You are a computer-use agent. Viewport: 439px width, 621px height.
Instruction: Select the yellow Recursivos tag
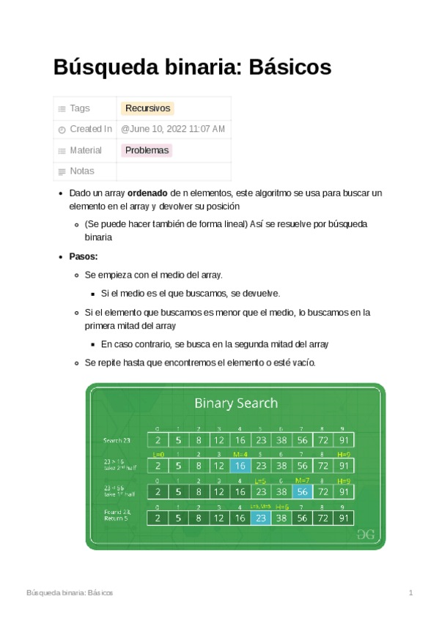pyautogui.click(x=147, y=108)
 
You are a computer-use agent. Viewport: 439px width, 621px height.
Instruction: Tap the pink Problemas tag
pyautogui.click(x=147, y=150)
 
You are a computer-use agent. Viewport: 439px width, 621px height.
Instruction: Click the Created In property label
pyautogui.click(x=90, y=129)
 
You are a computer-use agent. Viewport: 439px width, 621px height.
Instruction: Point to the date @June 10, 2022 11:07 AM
pyautogui.click(x=173, y=129)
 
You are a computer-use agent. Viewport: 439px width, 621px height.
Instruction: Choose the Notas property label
pyautogui.click(x=81, y=171)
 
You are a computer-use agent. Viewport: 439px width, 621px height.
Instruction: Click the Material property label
pyautogui.click(x=85, y=150)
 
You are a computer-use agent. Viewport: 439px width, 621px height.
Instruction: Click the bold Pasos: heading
pyautogui.click(x=84, y=256)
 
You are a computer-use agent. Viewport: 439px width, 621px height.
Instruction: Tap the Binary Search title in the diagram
pyautogui.click(x=235, y=403)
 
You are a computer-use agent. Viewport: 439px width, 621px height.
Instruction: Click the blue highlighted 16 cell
pyautogui.click(x=240, y=466)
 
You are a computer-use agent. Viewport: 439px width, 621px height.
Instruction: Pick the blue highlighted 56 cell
pyautogui.click(x=302, y=491)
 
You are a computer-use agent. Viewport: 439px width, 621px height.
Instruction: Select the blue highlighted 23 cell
pyautogui.click(x=260, y=517)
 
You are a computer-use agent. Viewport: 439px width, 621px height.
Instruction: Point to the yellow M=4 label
pyautogui.click(x=240, y=455)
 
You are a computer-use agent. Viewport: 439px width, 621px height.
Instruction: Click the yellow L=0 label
pyautogui.click(x=158, y=455)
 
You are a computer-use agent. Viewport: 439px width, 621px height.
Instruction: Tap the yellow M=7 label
pyautogui.click(x=302, y=480)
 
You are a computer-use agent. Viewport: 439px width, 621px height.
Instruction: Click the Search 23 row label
pyautogui.click(x=117, y=440)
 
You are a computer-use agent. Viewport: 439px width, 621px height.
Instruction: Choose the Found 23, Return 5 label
pyautogui.click(x=118, y=516)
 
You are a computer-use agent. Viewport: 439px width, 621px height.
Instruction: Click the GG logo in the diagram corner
pyautogui.click(x=364, y=534)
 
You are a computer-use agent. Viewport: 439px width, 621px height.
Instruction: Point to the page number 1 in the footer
pyautogui.click(x=411, y=592)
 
